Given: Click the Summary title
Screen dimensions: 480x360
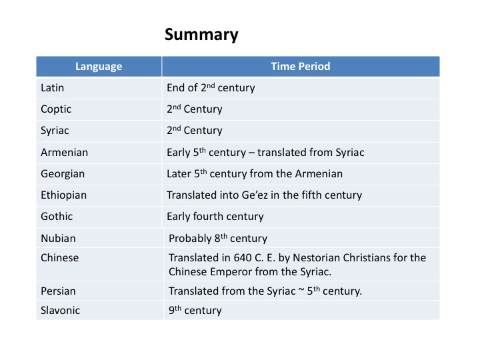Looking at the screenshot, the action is point(201,35).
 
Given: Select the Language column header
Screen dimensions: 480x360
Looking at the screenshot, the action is point(99,67).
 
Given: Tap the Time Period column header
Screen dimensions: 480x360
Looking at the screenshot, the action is point(301,67).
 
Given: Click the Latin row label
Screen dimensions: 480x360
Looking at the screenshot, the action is point(53,88).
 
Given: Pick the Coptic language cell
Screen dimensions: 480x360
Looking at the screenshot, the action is point(56,109).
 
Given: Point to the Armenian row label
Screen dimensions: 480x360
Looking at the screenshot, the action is point(64,153).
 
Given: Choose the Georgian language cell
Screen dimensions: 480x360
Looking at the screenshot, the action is point(63,174).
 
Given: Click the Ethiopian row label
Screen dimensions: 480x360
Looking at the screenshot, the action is point(64,195).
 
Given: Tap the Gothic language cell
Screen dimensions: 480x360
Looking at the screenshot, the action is point(57,217).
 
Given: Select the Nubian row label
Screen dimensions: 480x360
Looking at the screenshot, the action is point(58,239).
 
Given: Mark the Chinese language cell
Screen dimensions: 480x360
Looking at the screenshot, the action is point(60,258).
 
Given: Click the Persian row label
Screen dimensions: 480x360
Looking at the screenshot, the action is point(58,291).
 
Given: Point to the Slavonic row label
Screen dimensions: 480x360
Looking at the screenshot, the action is point(60,311).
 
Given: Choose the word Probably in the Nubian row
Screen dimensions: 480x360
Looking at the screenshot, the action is point(190,239).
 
